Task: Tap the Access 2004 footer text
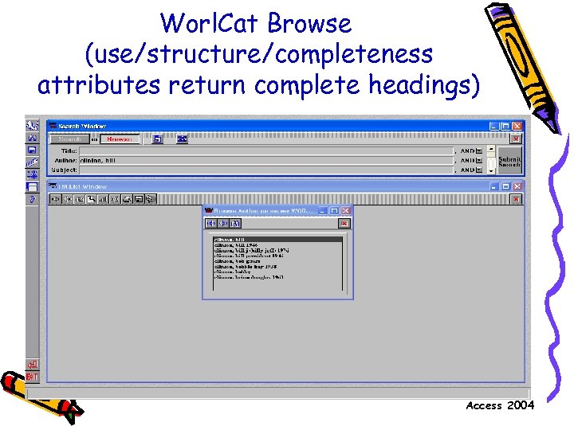[500, 406]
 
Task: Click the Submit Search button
[509, 161]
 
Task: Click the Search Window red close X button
[517, 126]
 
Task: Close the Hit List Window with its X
[517, 186]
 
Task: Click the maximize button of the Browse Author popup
[335, 211]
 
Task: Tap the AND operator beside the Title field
[466, 150]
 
